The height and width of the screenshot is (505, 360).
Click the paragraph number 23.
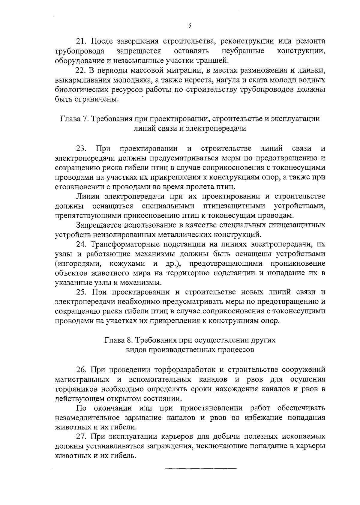[x=82, y=148]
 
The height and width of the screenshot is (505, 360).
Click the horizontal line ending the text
[x=201, y=477]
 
